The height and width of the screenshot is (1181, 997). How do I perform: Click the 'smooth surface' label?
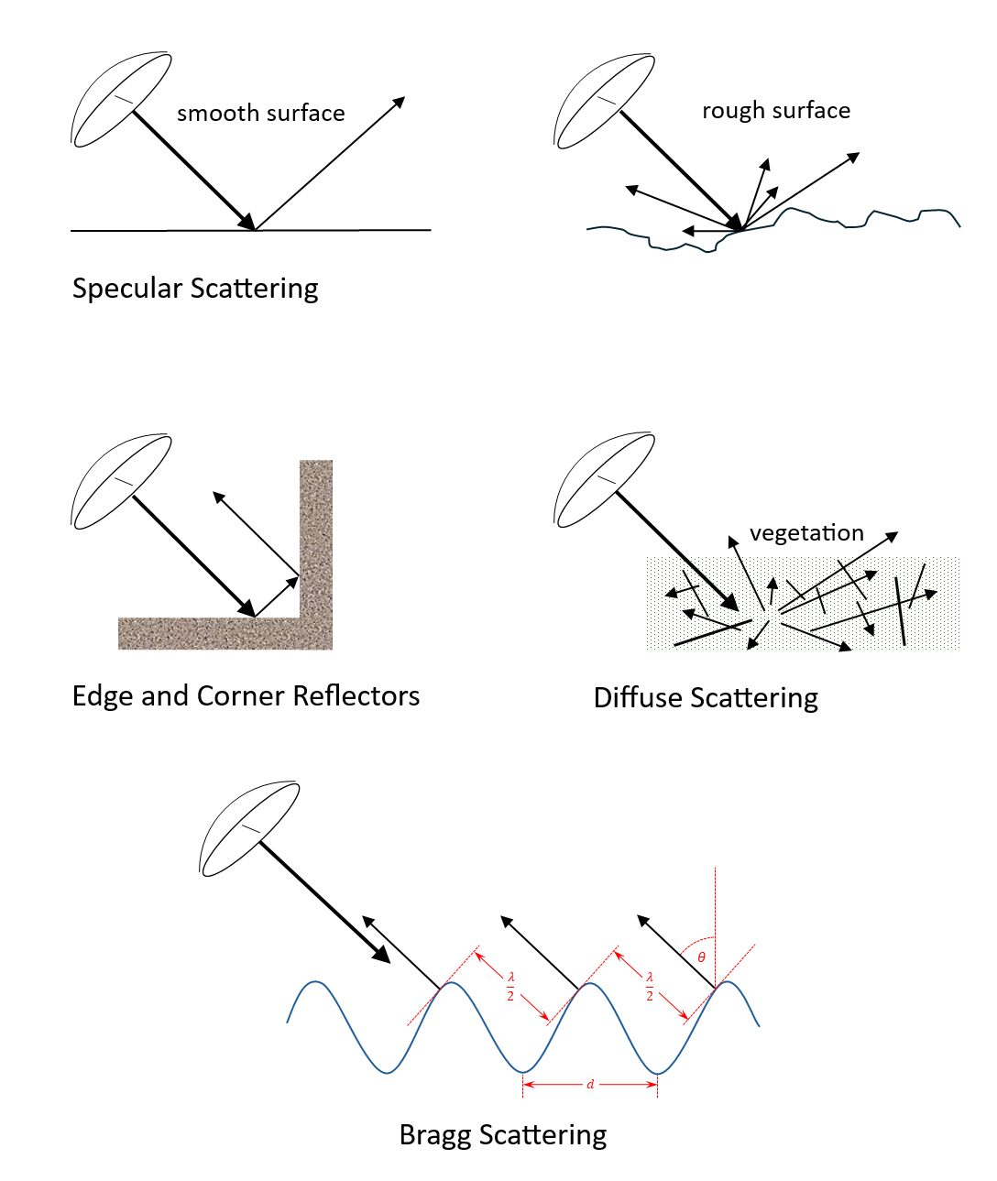tap(260, 113)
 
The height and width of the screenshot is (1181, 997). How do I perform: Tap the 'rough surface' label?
tap(775, 111)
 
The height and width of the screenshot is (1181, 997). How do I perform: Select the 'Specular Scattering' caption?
tap(195, 289)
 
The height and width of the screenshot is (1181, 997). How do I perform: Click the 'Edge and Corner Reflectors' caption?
tap(246, 696)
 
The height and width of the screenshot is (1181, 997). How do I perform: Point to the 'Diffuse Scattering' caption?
tap(706, 698)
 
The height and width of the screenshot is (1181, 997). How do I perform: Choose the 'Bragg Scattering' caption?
tap(503, 1135)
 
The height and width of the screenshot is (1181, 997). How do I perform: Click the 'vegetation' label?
tap(806, 533)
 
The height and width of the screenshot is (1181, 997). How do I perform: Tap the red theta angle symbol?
tap(702, 957)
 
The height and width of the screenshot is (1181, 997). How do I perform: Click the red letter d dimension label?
tap(590, 1085)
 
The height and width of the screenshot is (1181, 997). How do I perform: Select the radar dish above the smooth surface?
tap(121, 99)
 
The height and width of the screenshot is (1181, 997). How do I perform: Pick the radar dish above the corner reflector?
tap(121, 481)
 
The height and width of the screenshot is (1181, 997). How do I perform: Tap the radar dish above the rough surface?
tap(605, 100)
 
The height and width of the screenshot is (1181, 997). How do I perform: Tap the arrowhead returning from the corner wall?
tap(219, 498)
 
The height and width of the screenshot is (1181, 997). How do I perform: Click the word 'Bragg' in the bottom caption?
tap(435, 1136)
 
